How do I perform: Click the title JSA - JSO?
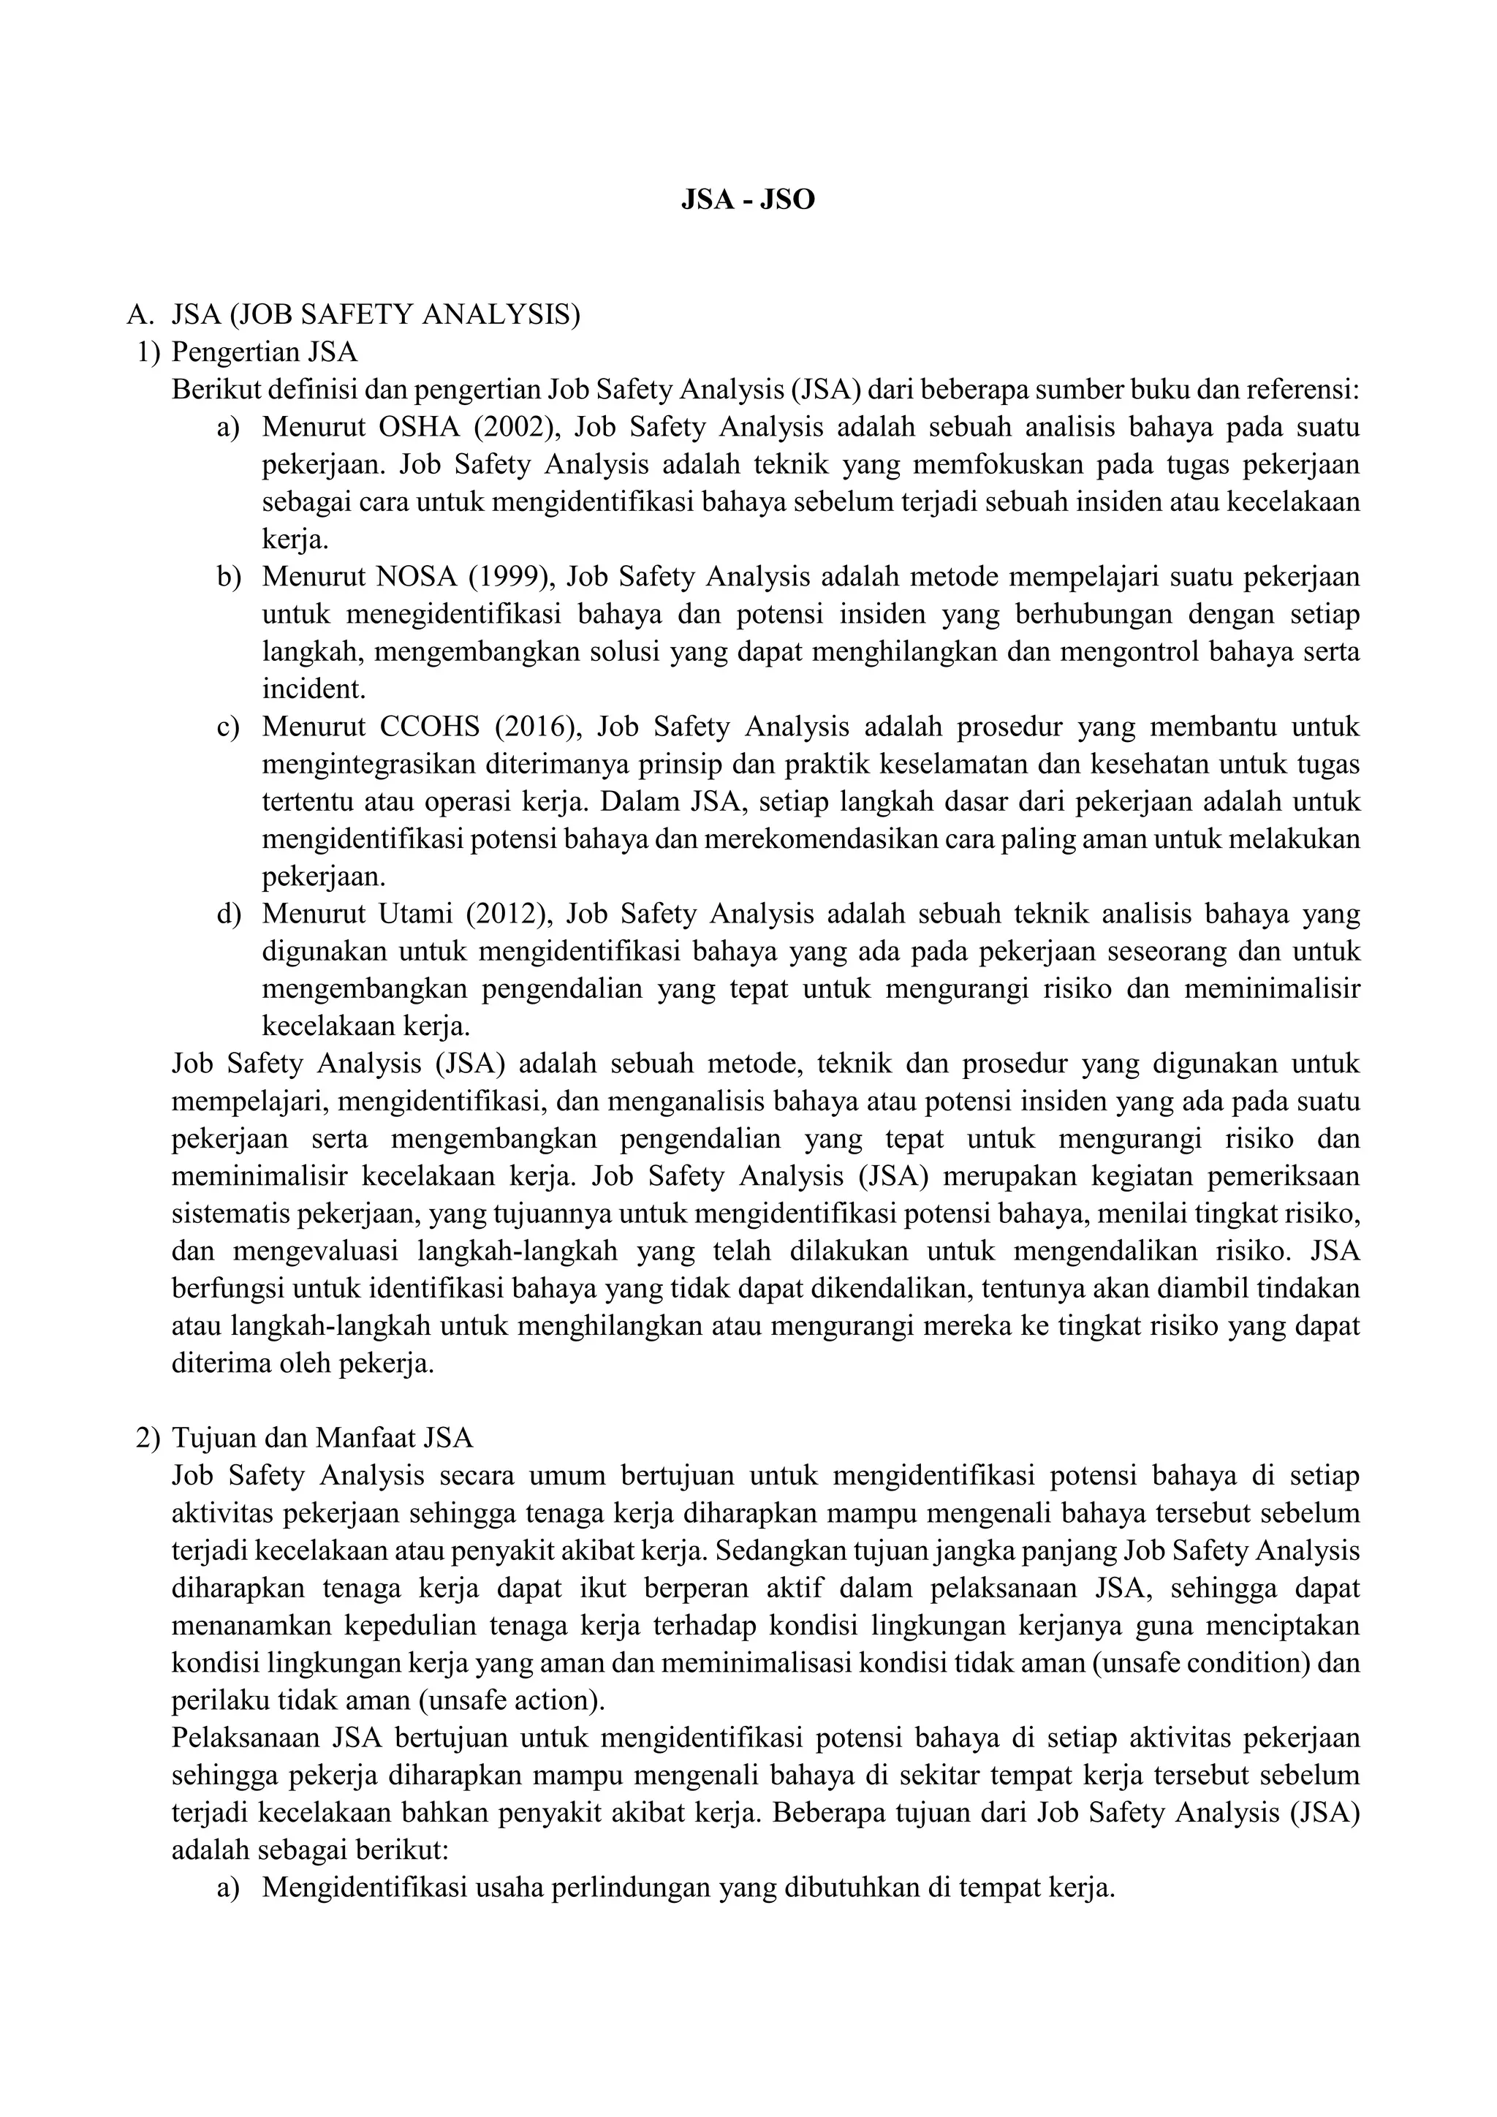(748, 200)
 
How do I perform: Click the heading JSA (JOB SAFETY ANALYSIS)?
(376, 315)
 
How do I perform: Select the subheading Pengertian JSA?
(265, 352)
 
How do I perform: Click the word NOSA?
(417, 577)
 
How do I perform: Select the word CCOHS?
(430, 727)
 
